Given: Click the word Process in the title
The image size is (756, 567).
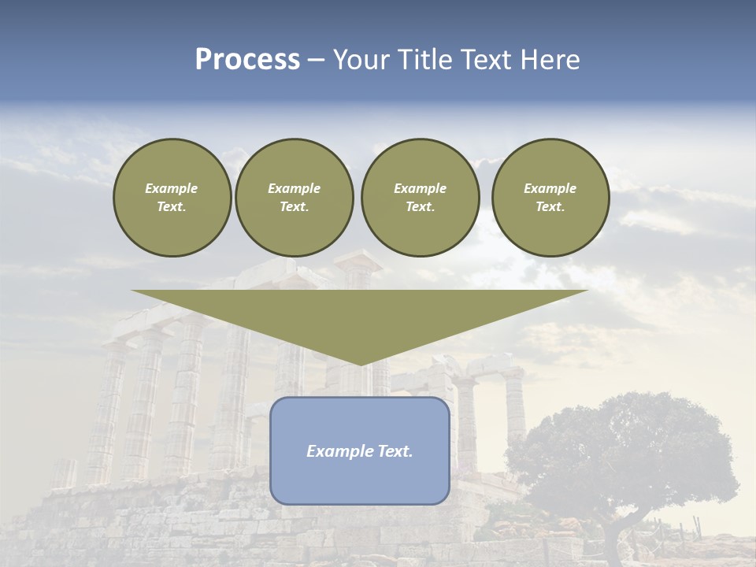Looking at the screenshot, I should click(247, 60).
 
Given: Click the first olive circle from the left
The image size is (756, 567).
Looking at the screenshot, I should click(172, 198).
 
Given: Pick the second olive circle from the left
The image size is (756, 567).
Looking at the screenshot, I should click(294, 198).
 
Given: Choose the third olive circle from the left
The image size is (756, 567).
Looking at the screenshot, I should click(420, 198).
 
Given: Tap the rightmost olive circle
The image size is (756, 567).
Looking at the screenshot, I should click(550, 198).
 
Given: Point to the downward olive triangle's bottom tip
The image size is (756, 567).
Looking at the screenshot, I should click(361, 363).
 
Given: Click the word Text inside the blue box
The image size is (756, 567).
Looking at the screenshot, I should click(392, 451).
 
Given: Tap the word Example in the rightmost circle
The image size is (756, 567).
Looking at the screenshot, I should click(550, 188).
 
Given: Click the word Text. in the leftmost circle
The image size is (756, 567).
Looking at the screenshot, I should click(172, 207).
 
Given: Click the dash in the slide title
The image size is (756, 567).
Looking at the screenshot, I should click(316, 60).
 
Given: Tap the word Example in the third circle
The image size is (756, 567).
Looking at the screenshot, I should click(420, 188).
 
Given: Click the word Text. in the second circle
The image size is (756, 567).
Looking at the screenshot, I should click(294, 207).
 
